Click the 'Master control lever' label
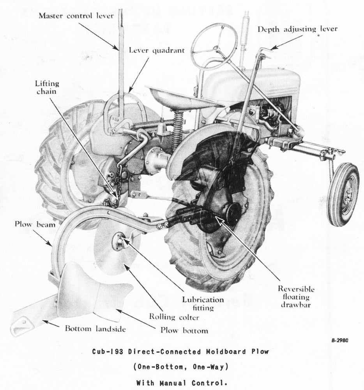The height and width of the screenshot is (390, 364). coord(76,16)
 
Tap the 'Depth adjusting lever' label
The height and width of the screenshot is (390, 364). coord(297,29)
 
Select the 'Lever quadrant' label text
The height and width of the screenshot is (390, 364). coord(157,50)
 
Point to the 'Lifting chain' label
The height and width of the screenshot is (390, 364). coord(47,87)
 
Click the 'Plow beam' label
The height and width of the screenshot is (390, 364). coord(35,224)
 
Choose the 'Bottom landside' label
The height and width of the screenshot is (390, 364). coord(95,328)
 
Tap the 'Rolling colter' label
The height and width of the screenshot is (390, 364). coord(174,317)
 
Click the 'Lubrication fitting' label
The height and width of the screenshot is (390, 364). coord(203,303)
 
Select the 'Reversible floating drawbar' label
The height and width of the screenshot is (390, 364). coord(296,297)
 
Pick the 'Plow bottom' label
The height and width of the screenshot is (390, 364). coord(184,331)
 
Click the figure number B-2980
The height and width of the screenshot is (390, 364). coord(340,340)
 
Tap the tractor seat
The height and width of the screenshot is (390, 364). coord(184,97)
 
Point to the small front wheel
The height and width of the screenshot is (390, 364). coord(343,194)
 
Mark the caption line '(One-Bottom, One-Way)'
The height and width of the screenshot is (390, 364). coord(180,367)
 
